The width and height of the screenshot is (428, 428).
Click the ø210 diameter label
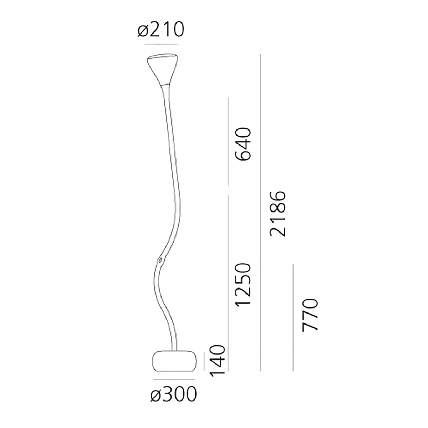coord(161,29)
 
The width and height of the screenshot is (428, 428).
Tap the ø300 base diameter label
coord(173,394)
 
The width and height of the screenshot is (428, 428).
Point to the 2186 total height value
coord(277,214)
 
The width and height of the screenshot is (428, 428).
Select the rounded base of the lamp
coord(174,361)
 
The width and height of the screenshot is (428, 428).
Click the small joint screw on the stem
coord(160,259)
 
